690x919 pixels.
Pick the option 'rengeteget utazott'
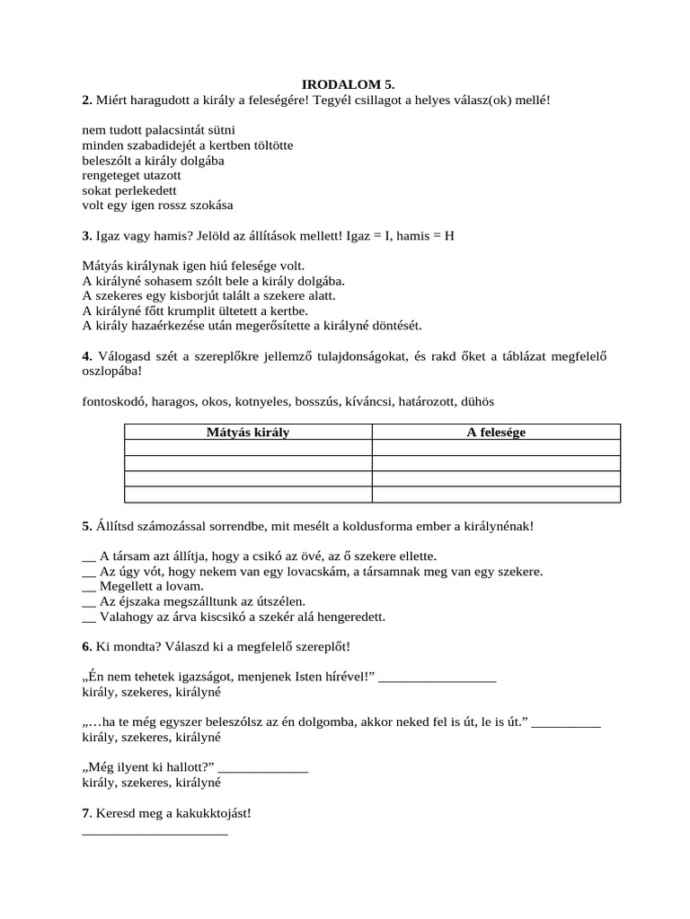131,176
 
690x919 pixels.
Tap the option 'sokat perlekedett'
129,191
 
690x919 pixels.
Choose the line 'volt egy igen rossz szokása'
157,206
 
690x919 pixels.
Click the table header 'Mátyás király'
248,433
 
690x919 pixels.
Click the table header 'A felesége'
496,433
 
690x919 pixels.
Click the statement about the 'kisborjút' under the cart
208,295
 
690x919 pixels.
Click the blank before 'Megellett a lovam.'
88,588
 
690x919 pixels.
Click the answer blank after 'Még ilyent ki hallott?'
263,769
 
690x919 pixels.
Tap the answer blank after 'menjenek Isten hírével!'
438,678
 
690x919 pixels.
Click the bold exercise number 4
85,357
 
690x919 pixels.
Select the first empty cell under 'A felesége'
496,448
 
